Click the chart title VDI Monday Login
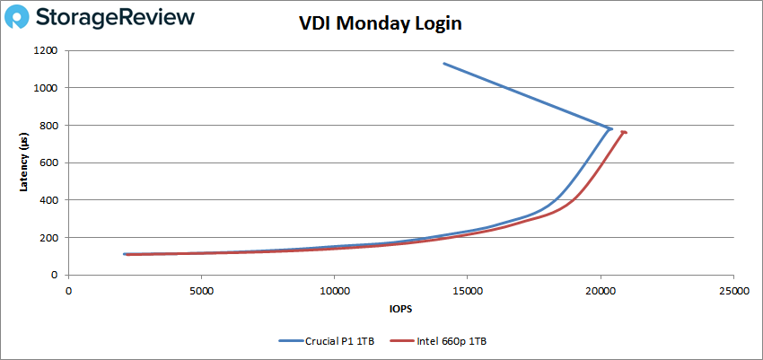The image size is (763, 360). coord(381,24)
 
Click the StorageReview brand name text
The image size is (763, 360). coord(119,18)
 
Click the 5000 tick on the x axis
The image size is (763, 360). coord(202,291)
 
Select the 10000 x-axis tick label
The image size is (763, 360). coord(335,291)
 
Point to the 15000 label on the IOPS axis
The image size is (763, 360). coord(468,291)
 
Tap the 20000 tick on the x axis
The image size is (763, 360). coord(601,291)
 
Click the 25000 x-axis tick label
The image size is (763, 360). coord(733,291)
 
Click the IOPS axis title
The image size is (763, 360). coord(400,311)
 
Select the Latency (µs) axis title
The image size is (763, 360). coord(24,162)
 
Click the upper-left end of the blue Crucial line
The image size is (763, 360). coord(443,64)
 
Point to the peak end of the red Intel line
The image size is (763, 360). coord(624,133)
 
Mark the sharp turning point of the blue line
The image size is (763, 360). coord(611,128)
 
